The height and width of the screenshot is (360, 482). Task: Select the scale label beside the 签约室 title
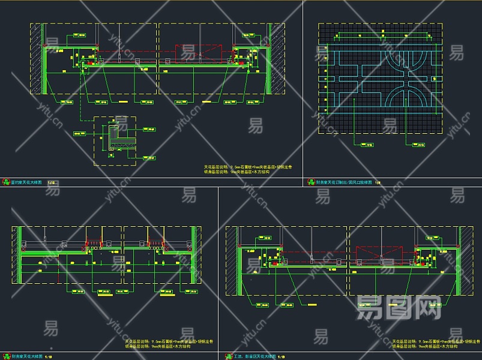(x=50, y=181)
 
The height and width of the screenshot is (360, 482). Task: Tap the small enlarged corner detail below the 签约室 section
(x=115, y=140)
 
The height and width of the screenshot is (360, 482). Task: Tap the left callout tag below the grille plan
(x=367, y=144)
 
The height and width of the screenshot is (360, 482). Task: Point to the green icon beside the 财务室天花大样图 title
(x=6, y=356)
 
